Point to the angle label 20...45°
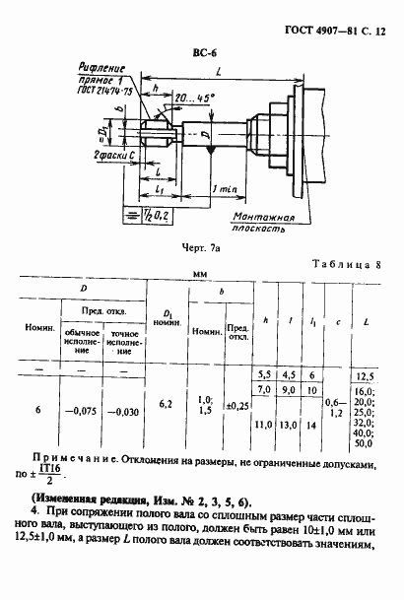click(x=194, y=99)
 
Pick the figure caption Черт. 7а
click(x=200, y=250)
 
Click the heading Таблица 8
click(x=350, y=265)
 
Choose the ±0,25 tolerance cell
click(x=236, y=405)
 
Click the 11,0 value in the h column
click(x=264, y=425)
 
